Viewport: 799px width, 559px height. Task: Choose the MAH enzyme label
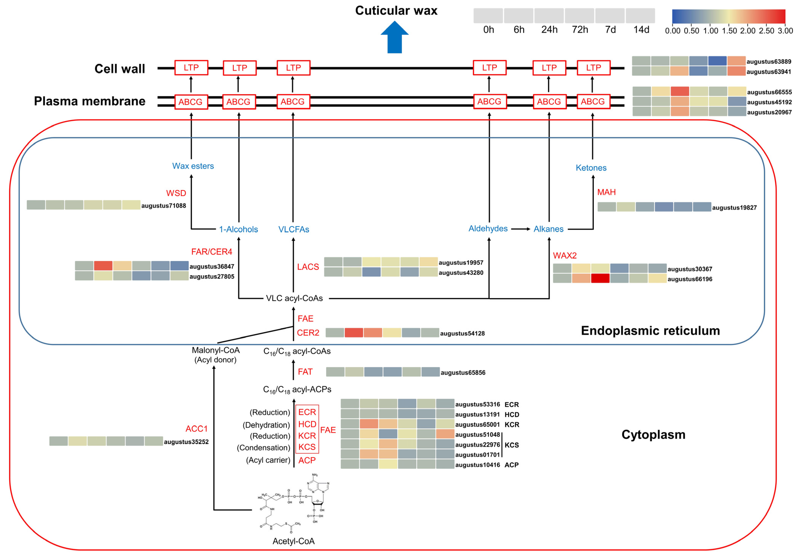(606, 192)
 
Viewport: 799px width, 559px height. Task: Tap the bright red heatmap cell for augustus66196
(600, 278)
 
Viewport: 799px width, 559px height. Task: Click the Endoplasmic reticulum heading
(650, 331)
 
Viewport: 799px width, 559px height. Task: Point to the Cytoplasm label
(653, 435)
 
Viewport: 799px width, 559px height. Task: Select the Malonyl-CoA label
(215, 350)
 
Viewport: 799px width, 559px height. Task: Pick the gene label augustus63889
(769, 62)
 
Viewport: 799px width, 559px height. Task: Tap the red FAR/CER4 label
(212, 251)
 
